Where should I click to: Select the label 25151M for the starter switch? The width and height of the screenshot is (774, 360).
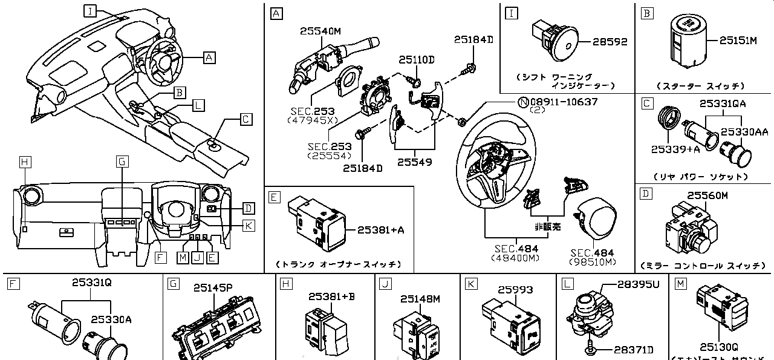pos(738,41)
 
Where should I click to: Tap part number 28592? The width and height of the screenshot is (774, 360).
pos(610,42)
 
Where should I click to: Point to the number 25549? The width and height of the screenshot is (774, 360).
pos(415,163)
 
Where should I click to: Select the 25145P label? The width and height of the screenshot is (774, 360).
pos(212,288)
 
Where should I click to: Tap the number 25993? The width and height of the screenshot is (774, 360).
pos(515,290)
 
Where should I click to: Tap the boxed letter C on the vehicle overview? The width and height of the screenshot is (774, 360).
pos(246,119)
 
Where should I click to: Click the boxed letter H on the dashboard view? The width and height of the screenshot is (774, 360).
pos(24,162)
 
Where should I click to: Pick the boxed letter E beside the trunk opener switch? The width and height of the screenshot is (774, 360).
pos(274,197)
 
